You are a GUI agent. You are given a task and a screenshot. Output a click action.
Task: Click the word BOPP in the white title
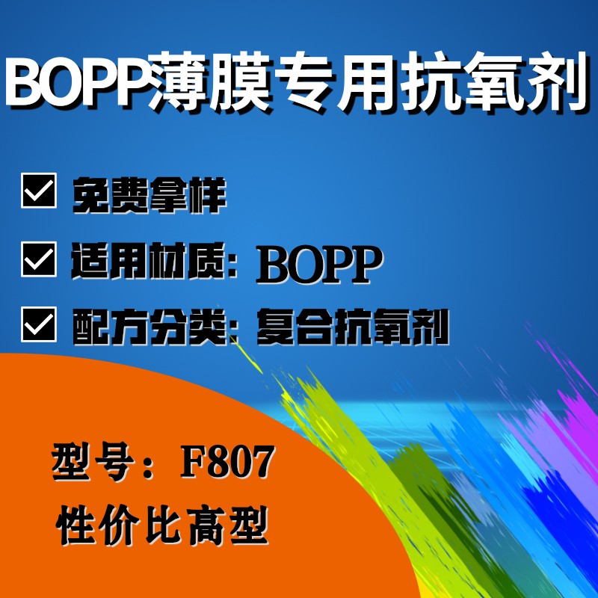pos(76,81)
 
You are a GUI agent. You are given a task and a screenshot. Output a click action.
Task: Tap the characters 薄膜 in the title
pos(210,81)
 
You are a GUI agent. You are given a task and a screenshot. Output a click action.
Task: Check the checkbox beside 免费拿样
pos(39,191)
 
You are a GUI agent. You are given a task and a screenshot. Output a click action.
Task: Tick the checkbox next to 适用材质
pos(39,259)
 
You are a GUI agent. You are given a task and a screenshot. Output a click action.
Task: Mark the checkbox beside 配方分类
pos(39,324)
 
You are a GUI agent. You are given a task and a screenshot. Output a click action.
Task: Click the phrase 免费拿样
pos(149,195)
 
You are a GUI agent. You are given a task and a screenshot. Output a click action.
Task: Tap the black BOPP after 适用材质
pos(320,265)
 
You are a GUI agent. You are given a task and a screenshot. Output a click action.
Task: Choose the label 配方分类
pos(149,327)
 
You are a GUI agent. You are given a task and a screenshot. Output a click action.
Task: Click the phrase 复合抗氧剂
pos(353,327)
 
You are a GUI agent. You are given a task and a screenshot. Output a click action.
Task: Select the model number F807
pos(227,462)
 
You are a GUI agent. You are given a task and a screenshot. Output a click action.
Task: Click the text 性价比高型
pos(162,525)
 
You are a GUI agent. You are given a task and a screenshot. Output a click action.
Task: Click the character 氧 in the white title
pos(493,81)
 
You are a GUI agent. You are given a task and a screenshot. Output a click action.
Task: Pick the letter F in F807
pos(194,462)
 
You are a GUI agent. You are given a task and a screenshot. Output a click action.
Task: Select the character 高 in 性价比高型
pos(206,525)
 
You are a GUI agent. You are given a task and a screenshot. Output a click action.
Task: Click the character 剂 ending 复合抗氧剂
pos(431,327)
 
